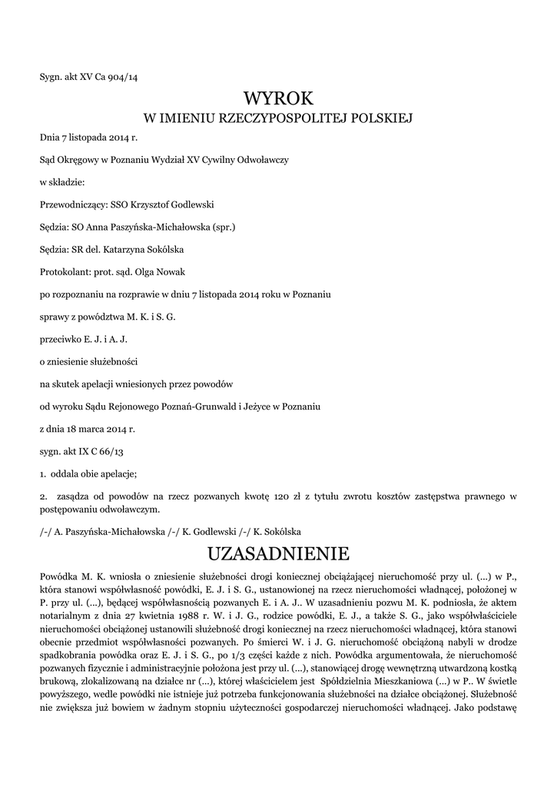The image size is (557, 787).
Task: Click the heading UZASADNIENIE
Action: click(278, 553)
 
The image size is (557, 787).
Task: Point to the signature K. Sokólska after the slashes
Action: click(280, 531)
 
